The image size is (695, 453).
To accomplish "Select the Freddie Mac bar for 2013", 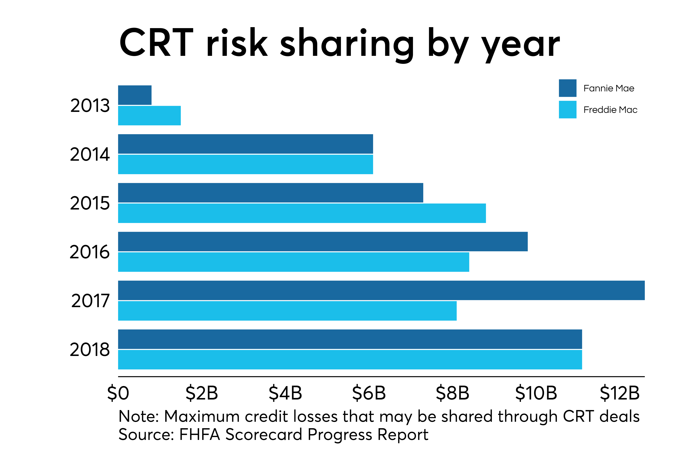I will [149, 115].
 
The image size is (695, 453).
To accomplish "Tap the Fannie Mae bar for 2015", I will [270, 193].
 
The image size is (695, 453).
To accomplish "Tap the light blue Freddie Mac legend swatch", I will [567, 110].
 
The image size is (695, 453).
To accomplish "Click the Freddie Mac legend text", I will [610, 110].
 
